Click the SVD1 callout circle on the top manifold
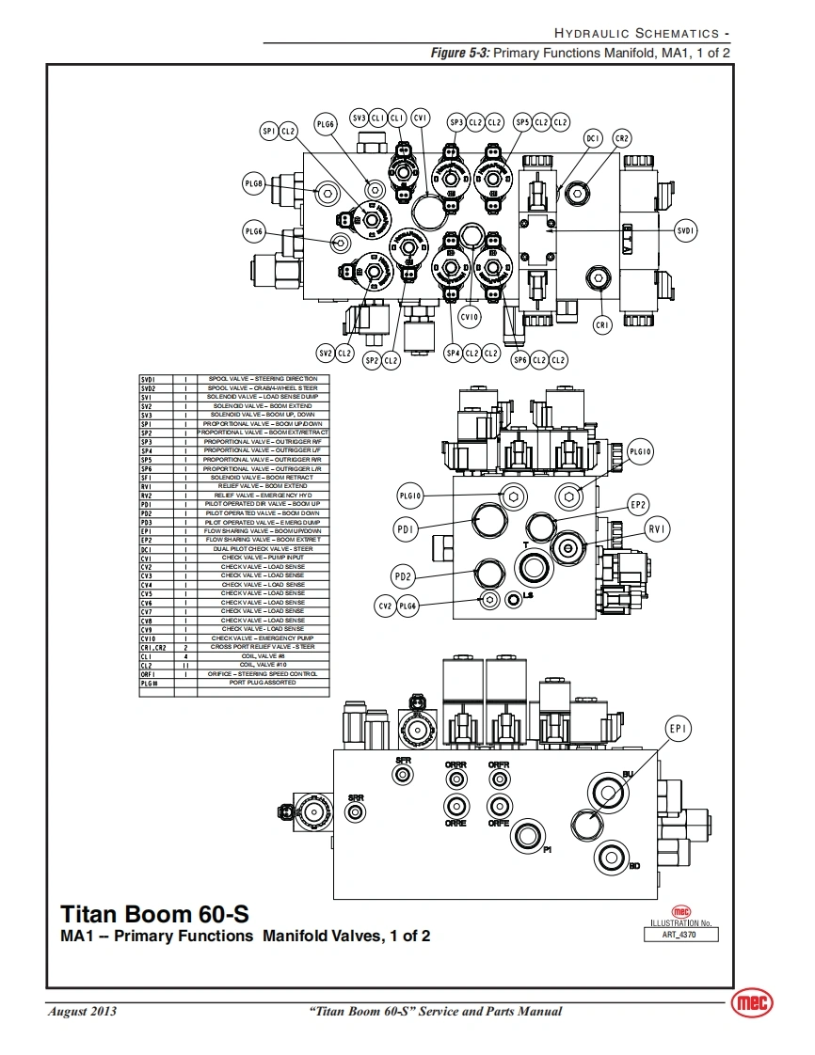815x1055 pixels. pos(687,228)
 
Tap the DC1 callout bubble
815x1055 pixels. pos(593,138)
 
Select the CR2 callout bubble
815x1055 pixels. pos(622,138)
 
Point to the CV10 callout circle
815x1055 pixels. pos(470,318)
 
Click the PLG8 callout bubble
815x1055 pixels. pos(254,184)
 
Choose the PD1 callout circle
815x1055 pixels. pos(406,530)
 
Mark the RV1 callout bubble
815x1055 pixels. pos(657,530)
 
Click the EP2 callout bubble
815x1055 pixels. pos(639,505)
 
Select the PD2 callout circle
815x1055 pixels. pos(404,576)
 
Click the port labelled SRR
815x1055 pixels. pos(355,798)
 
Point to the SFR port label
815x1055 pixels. pos(403,760)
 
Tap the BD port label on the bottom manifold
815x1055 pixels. pos(634,866)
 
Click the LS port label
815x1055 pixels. pos(528,595)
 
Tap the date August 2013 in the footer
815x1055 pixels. pos(82,1012)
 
